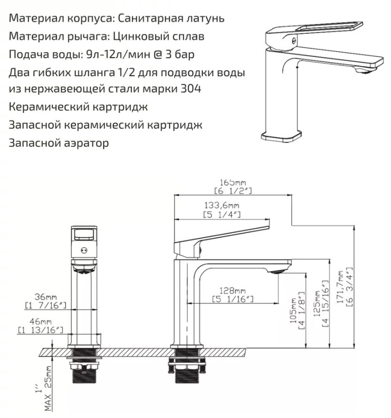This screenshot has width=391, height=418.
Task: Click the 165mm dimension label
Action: pyautogui.click(x=233, y=182)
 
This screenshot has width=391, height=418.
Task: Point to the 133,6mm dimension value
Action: pyautogui.click(x=222, y=205)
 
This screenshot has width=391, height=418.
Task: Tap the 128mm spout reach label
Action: pyautogui.click(x=233, y=291)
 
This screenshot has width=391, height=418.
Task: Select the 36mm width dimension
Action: pyautogui.click(x=45, y=297)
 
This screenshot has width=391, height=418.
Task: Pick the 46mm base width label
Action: pyautogui.click(x=41, y=321)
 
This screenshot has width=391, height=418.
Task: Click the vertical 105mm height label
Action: pyautogui.click(x=293, y=310)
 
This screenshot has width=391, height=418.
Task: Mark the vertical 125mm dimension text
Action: pyautogui.click(x=317, y=304)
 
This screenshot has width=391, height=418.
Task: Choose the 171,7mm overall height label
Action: pyautogui.click(x=341, y=287)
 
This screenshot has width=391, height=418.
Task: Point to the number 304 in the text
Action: pyautogui.click(x=191, y=88)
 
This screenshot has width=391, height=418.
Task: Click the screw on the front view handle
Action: pyautogui.click(x=84, y=250)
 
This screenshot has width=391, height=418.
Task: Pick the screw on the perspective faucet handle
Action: pyautogui.click(x=294, y=41)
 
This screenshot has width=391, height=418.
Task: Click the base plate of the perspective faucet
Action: pyautogui.click(x=282, y=136)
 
